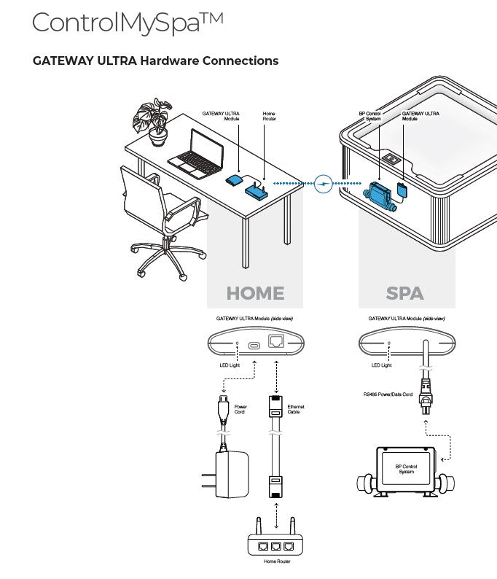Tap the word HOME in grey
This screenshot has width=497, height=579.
tap(254, 293)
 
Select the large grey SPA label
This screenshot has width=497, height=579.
tap(404, 293)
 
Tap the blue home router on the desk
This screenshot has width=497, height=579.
tap(257, 191)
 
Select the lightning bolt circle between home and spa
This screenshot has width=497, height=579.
tap(324, 183)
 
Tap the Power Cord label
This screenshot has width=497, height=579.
tap(241, 409)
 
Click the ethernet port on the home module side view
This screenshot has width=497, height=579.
tap(277, 342)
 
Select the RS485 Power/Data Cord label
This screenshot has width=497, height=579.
tap(388, 395)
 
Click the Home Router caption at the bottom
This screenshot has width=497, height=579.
tap(276, 561)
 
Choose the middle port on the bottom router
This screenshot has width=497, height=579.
tap(276, 545)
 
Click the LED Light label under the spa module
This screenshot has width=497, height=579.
tap(382, 365)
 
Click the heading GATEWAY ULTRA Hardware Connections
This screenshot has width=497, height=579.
tap(155, 61)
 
